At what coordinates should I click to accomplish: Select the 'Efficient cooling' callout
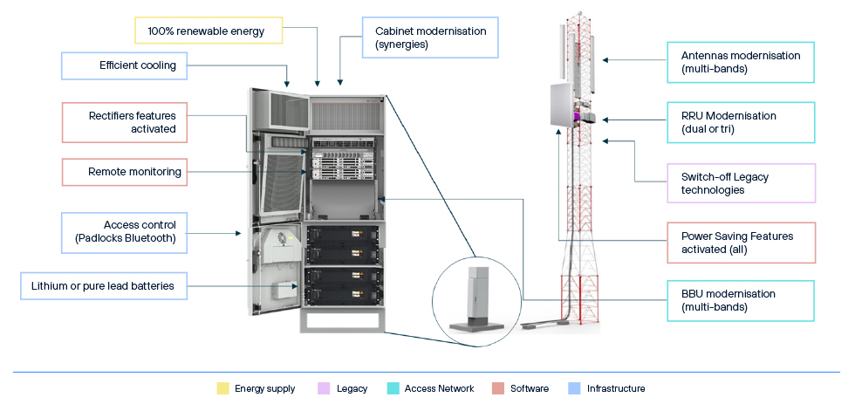(125, 65)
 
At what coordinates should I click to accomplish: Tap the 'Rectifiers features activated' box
(125, 122)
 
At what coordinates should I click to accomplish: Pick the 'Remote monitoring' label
(125, 172)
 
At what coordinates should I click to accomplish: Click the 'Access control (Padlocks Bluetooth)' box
(125, 229)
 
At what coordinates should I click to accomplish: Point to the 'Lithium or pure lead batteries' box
(104, 285)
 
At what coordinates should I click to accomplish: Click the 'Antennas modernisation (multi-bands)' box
(741, 62)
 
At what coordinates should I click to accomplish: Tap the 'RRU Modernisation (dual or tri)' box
(741, 122)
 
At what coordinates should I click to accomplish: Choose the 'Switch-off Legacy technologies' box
(741, 183)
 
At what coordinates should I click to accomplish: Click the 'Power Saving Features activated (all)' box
(741, 243)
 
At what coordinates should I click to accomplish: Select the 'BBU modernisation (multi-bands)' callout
(741, 301)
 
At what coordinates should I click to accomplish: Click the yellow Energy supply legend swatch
(222, 388)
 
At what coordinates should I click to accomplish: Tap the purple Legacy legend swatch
(324, 388)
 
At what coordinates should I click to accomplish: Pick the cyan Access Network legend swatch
(393, 388)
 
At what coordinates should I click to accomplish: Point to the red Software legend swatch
(497, 388)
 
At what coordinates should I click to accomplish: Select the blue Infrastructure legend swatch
(573, 388)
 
